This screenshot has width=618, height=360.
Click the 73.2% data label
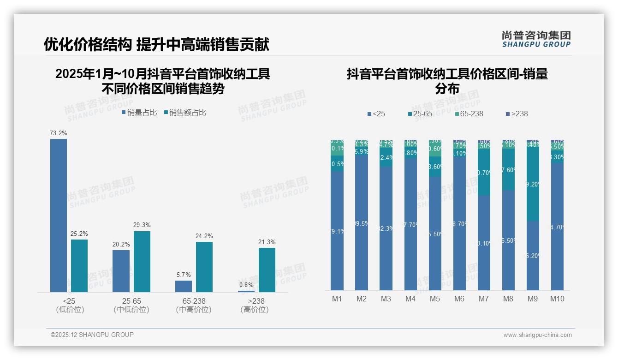[59, 133]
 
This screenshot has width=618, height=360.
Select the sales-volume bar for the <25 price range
[59, 215]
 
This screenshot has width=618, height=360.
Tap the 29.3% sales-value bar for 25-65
[142, 261]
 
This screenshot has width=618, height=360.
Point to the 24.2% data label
[204, 236]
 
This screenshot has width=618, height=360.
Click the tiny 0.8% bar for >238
[246, 291]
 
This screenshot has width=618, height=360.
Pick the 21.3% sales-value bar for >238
[267, 270]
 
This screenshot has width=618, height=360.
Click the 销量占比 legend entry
[139, 113]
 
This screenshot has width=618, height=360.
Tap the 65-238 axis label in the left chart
[194, 301]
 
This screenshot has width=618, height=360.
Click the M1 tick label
[337, 299]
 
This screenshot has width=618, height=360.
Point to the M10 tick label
[557, 299]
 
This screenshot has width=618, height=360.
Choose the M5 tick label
[435, 299]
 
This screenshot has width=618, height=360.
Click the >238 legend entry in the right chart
[517, 114]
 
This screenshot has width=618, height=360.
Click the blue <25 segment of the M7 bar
[484, 243]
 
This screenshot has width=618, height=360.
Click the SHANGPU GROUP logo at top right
[536, 39]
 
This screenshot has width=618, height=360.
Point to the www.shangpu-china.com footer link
[537, 335]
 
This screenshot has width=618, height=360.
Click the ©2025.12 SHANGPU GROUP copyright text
[92, 335]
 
